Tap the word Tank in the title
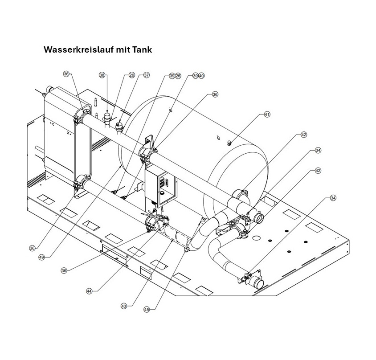(142, 49)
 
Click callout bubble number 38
(102, 76)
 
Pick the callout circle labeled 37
(146, 75)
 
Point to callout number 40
(201, 76)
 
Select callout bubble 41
(267, 115)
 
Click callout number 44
(89, 291)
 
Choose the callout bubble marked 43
(124, 306)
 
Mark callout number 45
(147, 311)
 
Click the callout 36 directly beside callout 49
(32, 248)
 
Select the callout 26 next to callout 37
(132, 75)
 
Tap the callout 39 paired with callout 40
(195, 76)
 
